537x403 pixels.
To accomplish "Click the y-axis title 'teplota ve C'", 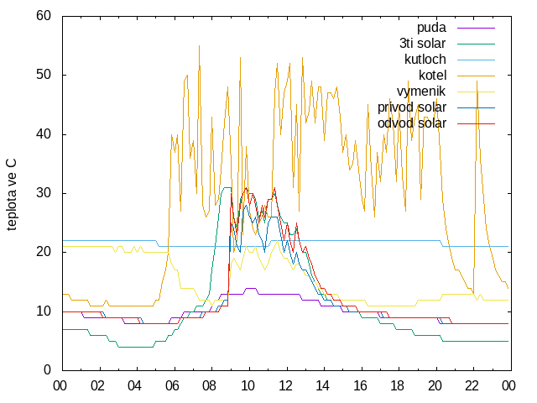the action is pyautogui.click(x=11, y=194).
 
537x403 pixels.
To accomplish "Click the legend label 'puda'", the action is pyautogui.click(x=431, y=28).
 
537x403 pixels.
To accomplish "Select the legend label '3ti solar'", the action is pyautogui.click(x=423, y=44).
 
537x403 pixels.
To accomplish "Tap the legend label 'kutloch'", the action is pyautogui.click(x=425, y=60).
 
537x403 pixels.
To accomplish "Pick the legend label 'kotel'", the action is pyautogui.click(x=433, y=75).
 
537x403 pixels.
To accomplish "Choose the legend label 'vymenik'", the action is pyautogui.click(x=421, y=92).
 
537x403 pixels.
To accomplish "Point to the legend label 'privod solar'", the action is pyautogui.click(x=412, y=107).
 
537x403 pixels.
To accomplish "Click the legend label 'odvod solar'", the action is pyautogui.click(x=412, y=123).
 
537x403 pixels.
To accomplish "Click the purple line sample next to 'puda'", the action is pyautogui.click(x=476, y=28).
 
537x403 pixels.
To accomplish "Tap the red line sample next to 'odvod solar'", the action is pyautogui.click(x=476, y=123).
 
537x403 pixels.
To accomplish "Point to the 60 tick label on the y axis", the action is pyautogui.click(x=44, y=16).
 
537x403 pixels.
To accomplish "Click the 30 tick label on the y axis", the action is pyautogui.click(x=44, y=193).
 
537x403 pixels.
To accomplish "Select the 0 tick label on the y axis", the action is pyautogui.click(x=47, y=370).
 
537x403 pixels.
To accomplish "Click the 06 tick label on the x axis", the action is pyautogui.click(x=172, y=386).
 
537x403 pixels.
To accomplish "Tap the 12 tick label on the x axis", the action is pyautogui.click(x=285, y=386).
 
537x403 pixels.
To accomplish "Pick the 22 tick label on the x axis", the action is pyautogui.click(x=472, y=386).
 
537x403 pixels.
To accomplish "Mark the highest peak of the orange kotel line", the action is pyautogui.click(x=199, y=46).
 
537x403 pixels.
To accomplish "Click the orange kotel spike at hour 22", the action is pyautogui.click(x=477, y=81).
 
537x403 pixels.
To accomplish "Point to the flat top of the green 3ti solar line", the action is pyautogui.click(x=227, y=187).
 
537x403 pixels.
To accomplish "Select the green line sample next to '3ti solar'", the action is pyautogui.click(x=476, y=44).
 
